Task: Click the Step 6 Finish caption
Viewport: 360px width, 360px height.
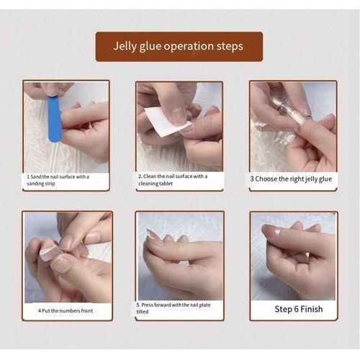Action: tap(299, 310)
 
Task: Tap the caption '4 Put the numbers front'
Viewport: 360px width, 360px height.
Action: tap(66, 311)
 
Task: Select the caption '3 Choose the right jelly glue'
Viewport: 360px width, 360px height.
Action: tap(292, 178)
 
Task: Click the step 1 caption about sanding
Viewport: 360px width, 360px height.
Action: tap(58, 179)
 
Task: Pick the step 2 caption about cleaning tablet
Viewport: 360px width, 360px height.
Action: tap(173, 179)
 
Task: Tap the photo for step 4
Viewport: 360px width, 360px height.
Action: tap(66, 256)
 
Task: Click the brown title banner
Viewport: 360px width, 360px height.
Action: tap(179, 47)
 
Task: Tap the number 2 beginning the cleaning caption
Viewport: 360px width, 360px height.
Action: tap(140, 176)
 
